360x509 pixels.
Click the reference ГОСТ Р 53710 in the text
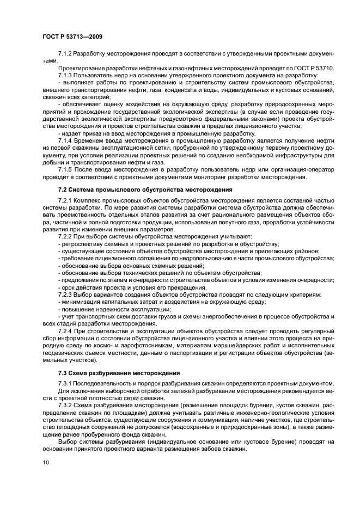(315, 68)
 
